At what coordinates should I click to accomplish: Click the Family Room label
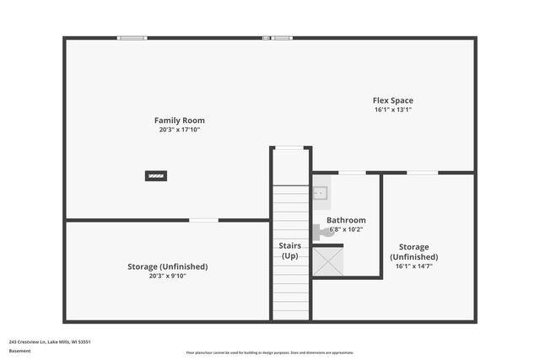(x=179, y=121)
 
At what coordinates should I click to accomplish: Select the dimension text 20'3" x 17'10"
(x=179, y=130)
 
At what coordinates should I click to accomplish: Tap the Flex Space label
(x=393, y=100)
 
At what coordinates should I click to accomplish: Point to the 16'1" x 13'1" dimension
(x=393, y=110)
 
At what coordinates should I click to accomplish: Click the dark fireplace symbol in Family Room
(x=155, y=176)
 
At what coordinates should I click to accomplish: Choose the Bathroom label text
(x=346, y=220)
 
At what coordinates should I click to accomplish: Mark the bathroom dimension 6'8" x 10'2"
(x=346, y=229)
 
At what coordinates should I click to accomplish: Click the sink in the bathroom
(x=321, y=194)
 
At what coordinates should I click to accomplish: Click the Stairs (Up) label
(x=290, y=250)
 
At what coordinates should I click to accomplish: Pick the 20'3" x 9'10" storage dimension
(x=167, y=276)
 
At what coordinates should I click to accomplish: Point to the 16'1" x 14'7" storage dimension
(x=413, y=266)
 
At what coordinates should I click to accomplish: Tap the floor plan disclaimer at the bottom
(x=270, y=352)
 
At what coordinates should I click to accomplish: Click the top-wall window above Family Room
(x=132, y=38)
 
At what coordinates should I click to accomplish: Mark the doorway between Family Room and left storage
(x=203, y=220)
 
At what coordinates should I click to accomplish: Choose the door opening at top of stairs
(x=290, y=148)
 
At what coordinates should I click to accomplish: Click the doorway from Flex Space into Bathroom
(x=351, y=173)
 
